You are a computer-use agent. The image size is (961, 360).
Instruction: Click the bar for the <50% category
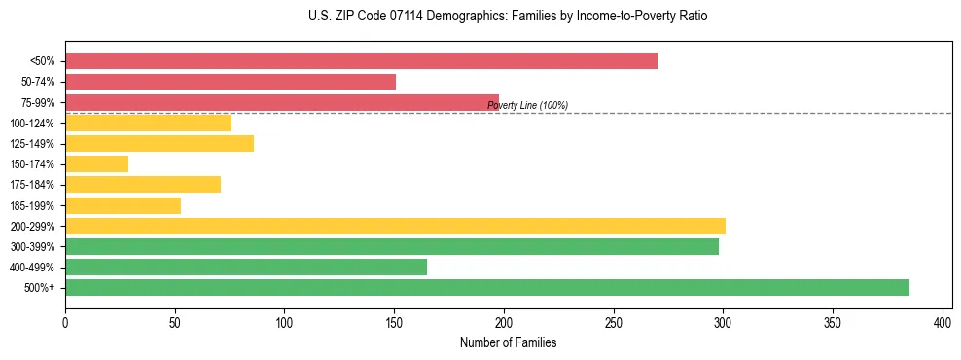pyautogui.click(x=361, y=61)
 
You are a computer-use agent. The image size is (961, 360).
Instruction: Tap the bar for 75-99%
pyautogui.click(x=282, y=102)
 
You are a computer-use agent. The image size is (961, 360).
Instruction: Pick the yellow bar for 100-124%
pyautogui.click(x=148, y=123)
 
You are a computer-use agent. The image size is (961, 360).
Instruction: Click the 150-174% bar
pyautogui.click(x=96, y=163)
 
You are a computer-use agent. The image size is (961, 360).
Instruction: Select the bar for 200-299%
pyautogui.click(x=395, y=226)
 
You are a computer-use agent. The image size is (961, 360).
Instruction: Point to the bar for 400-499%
pyautogui.click(x=245, y=267)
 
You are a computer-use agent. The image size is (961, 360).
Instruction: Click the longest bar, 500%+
pyautogui.click(x=486, y=287)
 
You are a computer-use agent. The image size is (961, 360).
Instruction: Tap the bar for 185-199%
pyautogui.click(x=123, y=205)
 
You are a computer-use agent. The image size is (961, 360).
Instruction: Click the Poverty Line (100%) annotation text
pyautogui.click(x=527, y=105)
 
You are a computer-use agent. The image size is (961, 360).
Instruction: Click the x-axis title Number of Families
pyautogui.click(x=509, y=342)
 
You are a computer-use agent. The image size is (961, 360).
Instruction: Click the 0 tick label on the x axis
pyautogui.click(x=65, y=321)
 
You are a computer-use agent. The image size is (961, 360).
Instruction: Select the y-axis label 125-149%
pyautogui.click(x=32, y=144)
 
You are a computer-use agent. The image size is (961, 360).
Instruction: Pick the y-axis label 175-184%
pyautogui.click(x=32, y=185)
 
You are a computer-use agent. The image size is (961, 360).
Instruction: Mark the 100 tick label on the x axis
pyautogui.click(x=284, y=321)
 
